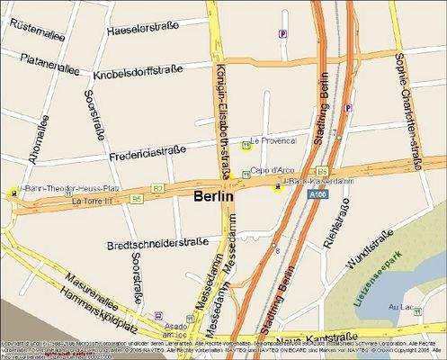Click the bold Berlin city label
click(213, 195)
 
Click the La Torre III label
click(89, 201)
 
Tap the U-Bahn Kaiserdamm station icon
click(278, 186)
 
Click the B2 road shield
click(157, 188)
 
